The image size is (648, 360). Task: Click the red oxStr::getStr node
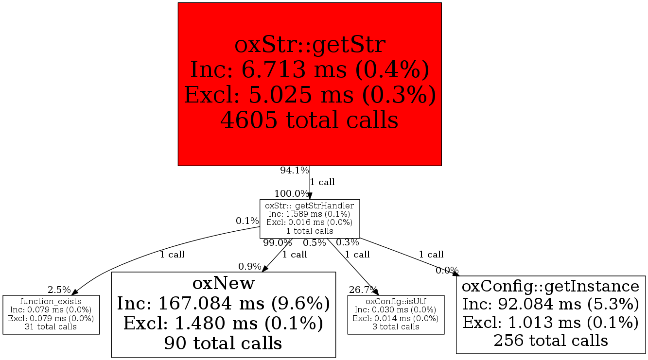(x=310, y=84)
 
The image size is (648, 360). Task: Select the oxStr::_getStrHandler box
(x=310, y=218)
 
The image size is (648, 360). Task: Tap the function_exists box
(x=51, y=314)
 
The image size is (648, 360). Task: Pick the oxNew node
(x=224, y=314)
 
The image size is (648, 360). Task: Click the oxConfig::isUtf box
(x=396, y=314)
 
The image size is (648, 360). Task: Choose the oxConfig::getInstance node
(x=551, y=312)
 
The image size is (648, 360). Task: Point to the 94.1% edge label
(x=294, y=171)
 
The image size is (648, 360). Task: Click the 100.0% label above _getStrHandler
(x=291, y=193)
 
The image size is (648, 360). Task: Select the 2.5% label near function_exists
(x=59, y=290)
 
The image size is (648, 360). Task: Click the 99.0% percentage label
(x=277, y=242)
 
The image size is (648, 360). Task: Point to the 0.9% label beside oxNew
(x=249, y=266)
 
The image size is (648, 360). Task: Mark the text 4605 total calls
(x=310, y=120)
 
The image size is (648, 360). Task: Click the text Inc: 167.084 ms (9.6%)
(x=224, y=304)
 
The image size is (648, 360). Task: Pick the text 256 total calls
(x=551, y=340)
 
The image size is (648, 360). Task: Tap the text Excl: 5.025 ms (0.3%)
(x=310, y=95)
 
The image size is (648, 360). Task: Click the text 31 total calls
(x=51, y=326)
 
